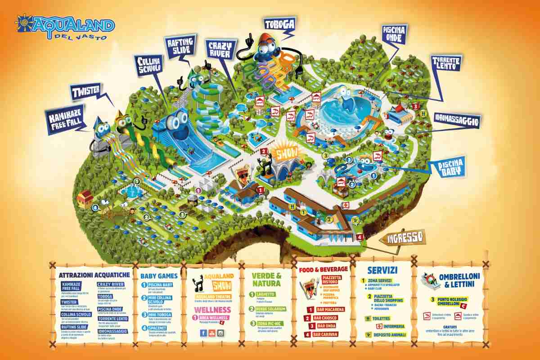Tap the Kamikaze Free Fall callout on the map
[x=67, y=119]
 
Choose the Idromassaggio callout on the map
[x=457, y=120]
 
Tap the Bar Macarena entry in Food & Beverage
[x=331, y=310]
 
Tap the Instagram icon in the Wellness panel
[x=220, y=333]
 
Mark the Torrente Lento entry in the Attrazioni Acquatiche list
[x=112, y=319]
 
